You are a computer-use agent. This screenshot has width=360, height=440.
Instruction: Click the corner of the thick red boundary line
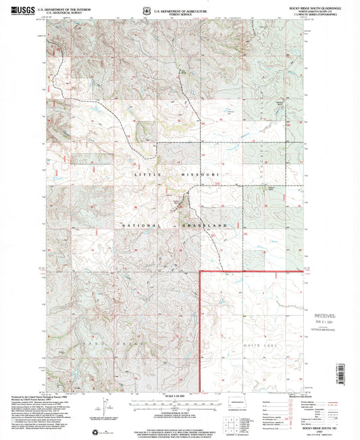click(201, 272)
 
